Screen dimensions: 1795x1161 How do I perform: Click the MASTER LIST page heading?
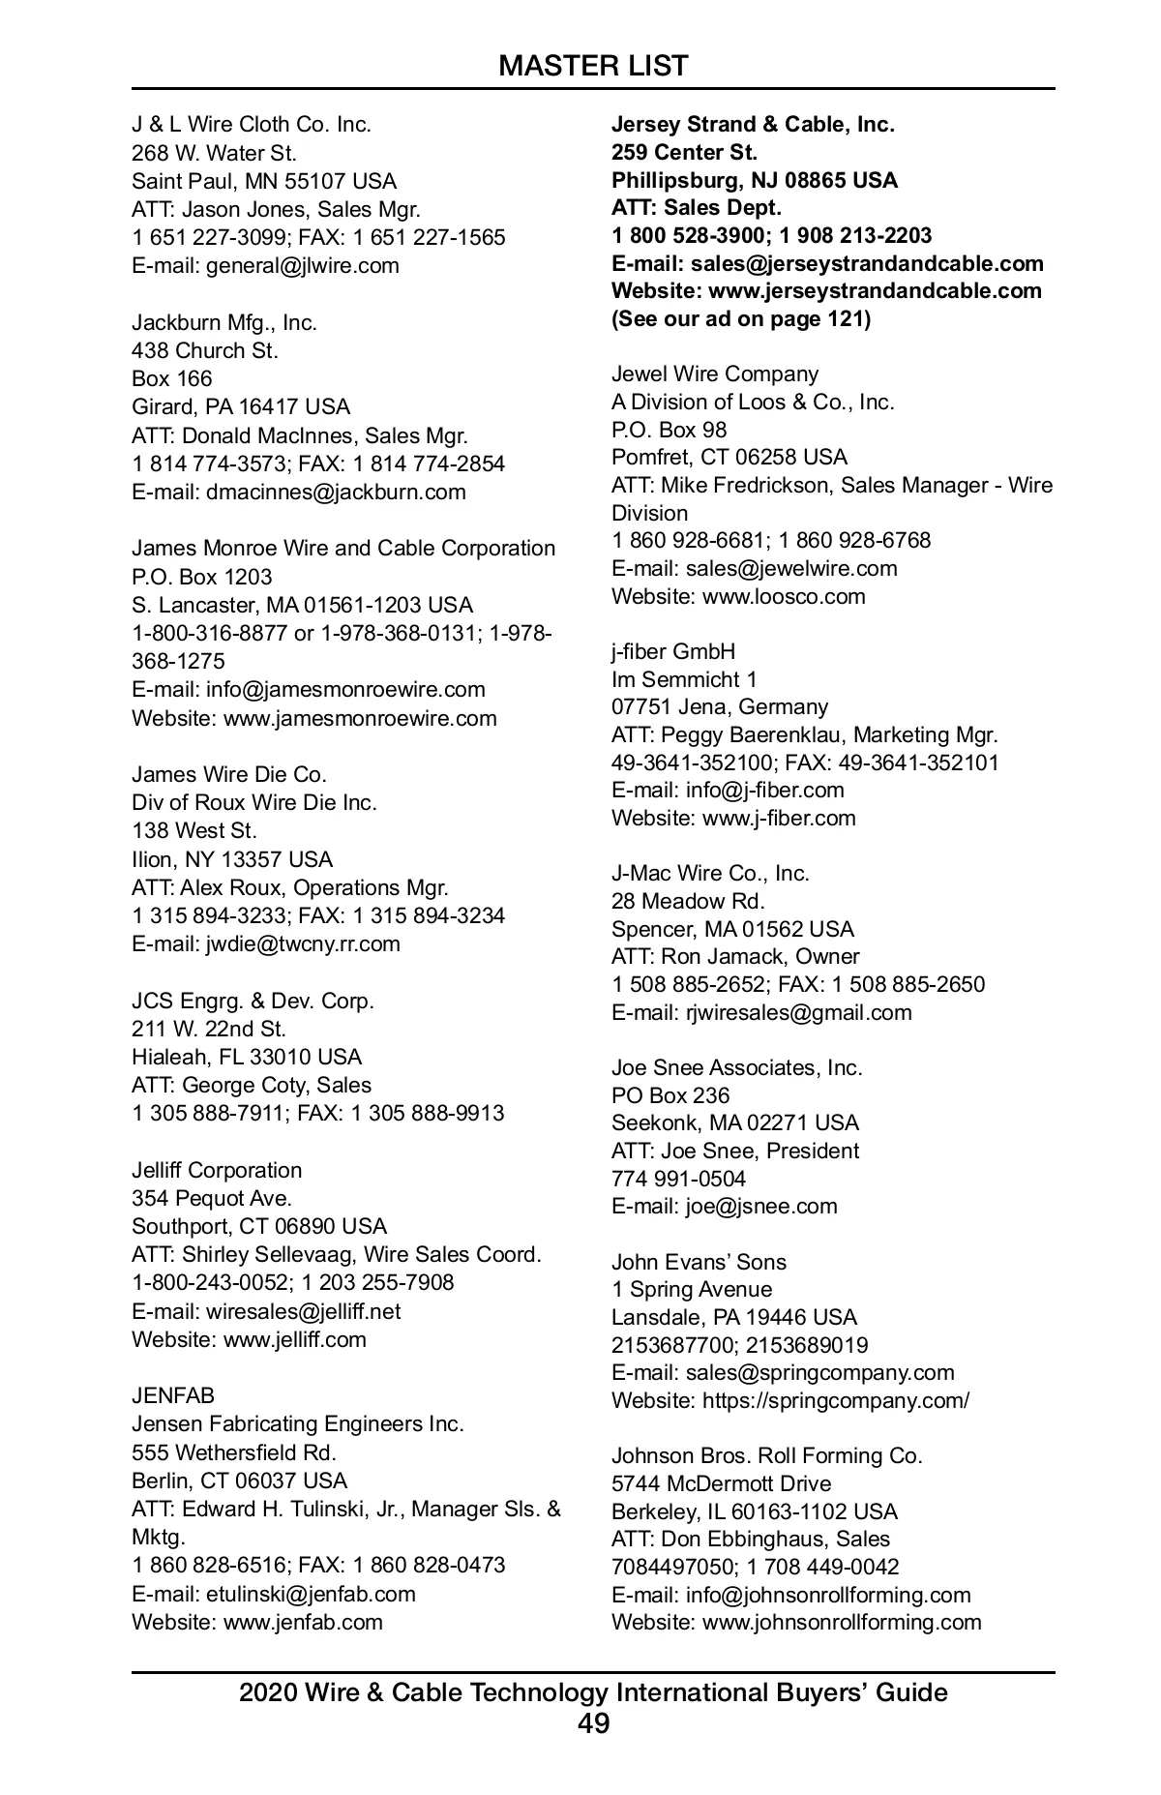tap(593, 66)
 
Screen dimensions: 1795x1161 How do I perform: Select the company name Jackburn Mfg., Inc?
tap(224, 322)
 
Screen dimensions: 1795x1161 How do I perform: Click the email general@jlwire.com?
tap(302, 266)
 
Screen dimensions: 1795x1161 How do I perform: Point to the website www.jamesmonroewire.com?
tap(360, 718)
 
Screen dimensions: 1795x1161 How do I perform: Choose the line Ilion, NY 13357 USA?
tap(232, 859)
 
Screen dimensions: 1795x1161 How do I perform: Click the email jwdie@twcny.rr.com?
tap(303, 943)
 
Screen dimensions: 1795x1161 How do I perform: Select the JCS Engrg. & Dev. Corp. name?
tap(253, 1001)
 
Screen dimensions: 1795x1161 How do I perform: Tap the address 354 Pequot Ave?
tap(212, 1199)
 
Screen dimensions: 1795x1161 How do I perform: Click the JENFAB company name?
tap(173, 1395)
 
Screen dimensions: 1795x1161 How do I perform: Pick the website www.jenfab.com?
tap(303, 1622)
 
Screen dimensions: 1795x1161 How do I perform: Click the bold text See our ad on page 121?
tap(741, 319)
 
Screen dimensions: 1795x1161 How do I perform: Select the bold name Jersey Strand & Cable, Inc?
tap(753, 125)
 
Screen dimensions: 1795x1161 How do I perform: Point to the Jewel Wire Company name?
tap(715, 374)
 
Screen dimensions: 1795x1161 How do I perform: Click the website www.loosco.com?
tap(784, 596)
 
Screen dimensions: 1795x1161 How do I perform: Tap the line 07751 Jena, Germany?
tap(720, 707)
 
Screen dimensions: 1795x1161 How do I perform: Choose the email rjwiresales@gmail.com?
tap(798, 1013)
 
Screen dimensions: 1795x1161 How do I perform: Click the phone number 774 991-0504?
tap(678, 1179)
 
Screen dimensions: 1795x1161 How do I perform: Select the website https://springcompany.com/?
tap(836, 1400)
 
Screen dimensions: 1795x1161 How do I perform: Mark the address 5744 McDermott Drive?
tap(721, 1484)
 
